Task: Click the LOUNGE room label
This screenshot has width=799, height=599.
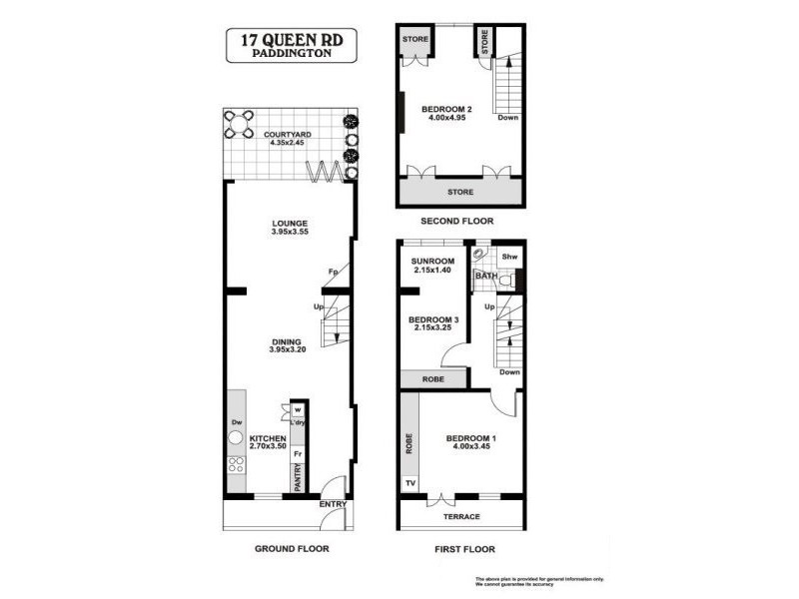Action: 288,224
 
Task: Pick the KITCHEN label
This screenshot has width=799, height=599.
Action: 268,438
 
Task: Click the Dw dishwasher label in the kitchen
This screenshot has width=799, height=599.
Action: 237,422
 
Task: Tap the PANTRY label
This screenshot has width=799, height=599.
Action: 297,480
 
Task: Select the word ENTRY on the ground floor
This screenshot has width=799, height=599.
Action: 333,504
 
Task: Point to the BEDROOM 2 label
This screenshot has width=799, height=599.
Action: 445,109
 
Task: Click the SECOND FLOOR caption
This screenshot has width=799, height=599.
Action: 457,221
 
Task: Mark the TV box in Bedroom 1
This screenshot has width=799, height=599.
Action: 408,484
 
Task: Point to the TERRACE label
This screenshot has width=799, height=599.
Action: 460,516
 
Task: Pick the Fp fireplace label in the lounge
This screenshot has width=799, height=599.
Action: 332,271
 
